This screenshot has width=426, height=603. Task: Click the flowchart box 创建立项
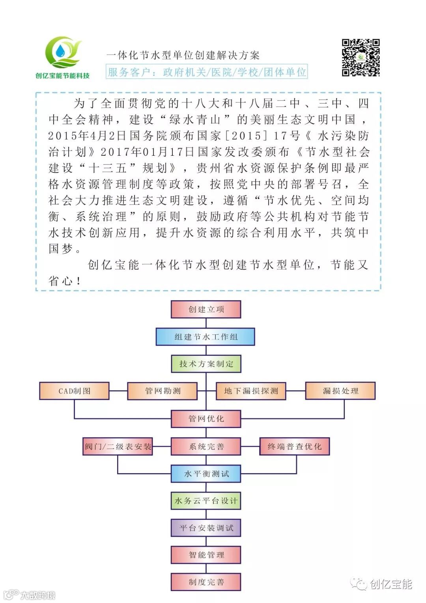(x=206, y=310)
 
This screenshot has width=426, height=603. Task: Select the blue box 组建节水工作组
(x=206, y=337)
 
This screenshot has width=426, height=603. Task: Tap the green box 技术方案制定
(x=206, y=364)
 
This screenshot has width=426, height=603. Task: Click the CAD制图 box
(x=75, y=391)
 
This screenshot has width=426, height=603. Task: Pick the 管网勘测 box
(x=163, y=391)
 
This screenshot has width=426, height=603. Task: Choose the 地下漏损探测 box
(x=251, y=391)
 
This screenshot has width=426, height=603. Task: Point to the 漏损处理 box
(x=340, y=391)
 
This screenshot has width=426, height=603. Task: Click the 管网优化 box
(x=206, y=418)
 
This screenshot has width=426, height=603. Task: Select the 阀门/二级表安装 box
(x=118, y=446)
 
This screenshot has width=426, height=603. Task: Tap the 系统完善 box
(x=206, y=446)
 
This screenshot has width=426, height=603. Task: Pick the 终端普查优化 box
(x=294, y=446)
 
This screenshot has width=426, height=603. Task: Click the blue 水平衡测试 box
(x=206, y=474)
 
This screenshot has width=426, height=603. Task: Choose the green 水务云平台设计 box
(x=206, y=501)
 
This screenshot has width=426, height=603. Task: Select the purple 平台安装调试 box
(x=206, y=528)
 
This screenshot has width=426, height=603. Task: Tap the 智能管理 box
(x=206, y=555)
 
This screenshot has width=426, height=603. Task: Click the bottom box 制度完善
(x=206, y=582)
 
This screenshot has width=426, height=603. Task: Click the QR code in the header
(x=361, y=58)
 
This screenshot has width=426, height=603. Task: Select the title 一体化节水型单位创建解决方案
(x=183, y=55)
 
